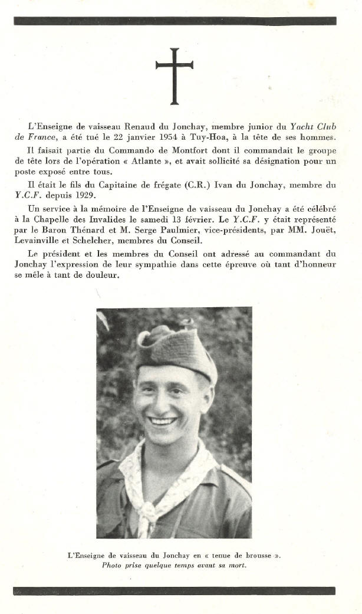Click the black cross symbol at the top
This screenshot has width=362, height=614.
pyautogui.click(x=174, y=75)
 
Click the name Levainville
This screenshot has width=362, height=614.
pyautogui.click(x=51, y=241)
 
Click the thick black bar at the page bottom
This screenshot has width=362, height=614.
pyautogui.click(x=174, y=590)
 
